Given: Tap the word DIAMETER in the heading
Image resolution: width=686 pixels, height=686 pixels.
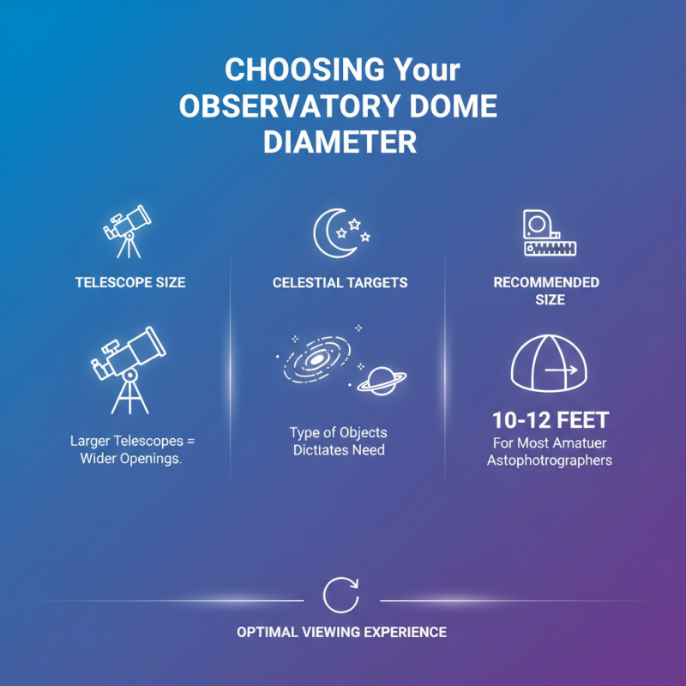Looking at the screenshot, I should pyautogui.click(x=340, y=141).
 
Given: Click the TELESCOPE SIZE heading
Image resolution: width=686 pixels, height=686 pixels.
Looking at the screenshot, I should pyautogui.click(x=130, y=281).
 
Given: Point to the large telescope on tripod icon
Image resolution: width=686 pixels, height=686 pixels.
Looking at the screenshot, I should pyautogui.click(x=129, y=369).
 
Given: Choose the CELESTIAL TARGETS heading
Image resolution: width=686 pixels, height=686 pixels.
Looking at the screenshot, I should pyautogui.click(x=340, y=282).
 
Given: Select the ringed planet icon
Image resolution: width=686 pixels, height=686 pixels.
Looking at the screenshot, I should pyautogui.click(x=381, y=377).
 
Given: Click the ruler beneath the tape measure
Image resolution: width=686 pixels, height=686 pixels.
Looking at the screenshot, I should pyautogui.click(x=550, y=249).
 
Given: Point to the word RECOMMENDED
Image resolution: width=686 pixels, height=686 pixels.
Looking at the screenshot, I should pyautogui.click(x=546, y=282).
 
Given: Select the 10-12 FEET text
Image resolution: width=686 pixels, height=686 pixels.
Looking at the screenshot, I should pyautogui.click(x=550, y=421).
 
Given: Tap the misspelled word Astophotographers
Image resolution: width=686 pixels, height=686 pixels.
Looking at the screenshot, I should pyautogui.click(x=550, y=460).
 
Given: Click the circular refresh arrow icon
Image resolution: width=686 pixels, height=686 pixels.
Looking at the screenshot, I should pyautogui.click(x=340, y=595).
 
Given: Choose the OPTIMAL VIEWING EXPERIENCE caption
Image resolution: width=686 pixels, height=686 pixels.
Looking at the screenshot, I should pyautogui.click(x=341, y=632).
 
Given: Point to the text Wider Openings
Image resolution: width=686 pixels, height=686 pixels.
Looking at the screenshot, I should pyautogui.click(x=132, y=459).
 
